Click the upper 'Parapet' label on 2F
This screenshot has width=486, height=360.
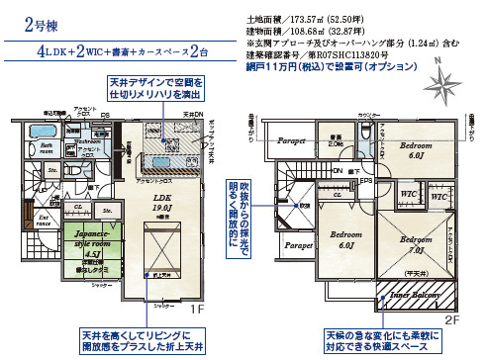point(292,140)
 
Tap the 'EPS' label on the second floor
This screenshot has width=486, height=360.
point(365,181)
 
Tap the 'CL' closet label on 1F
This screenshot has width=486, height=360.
point(78,207)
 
